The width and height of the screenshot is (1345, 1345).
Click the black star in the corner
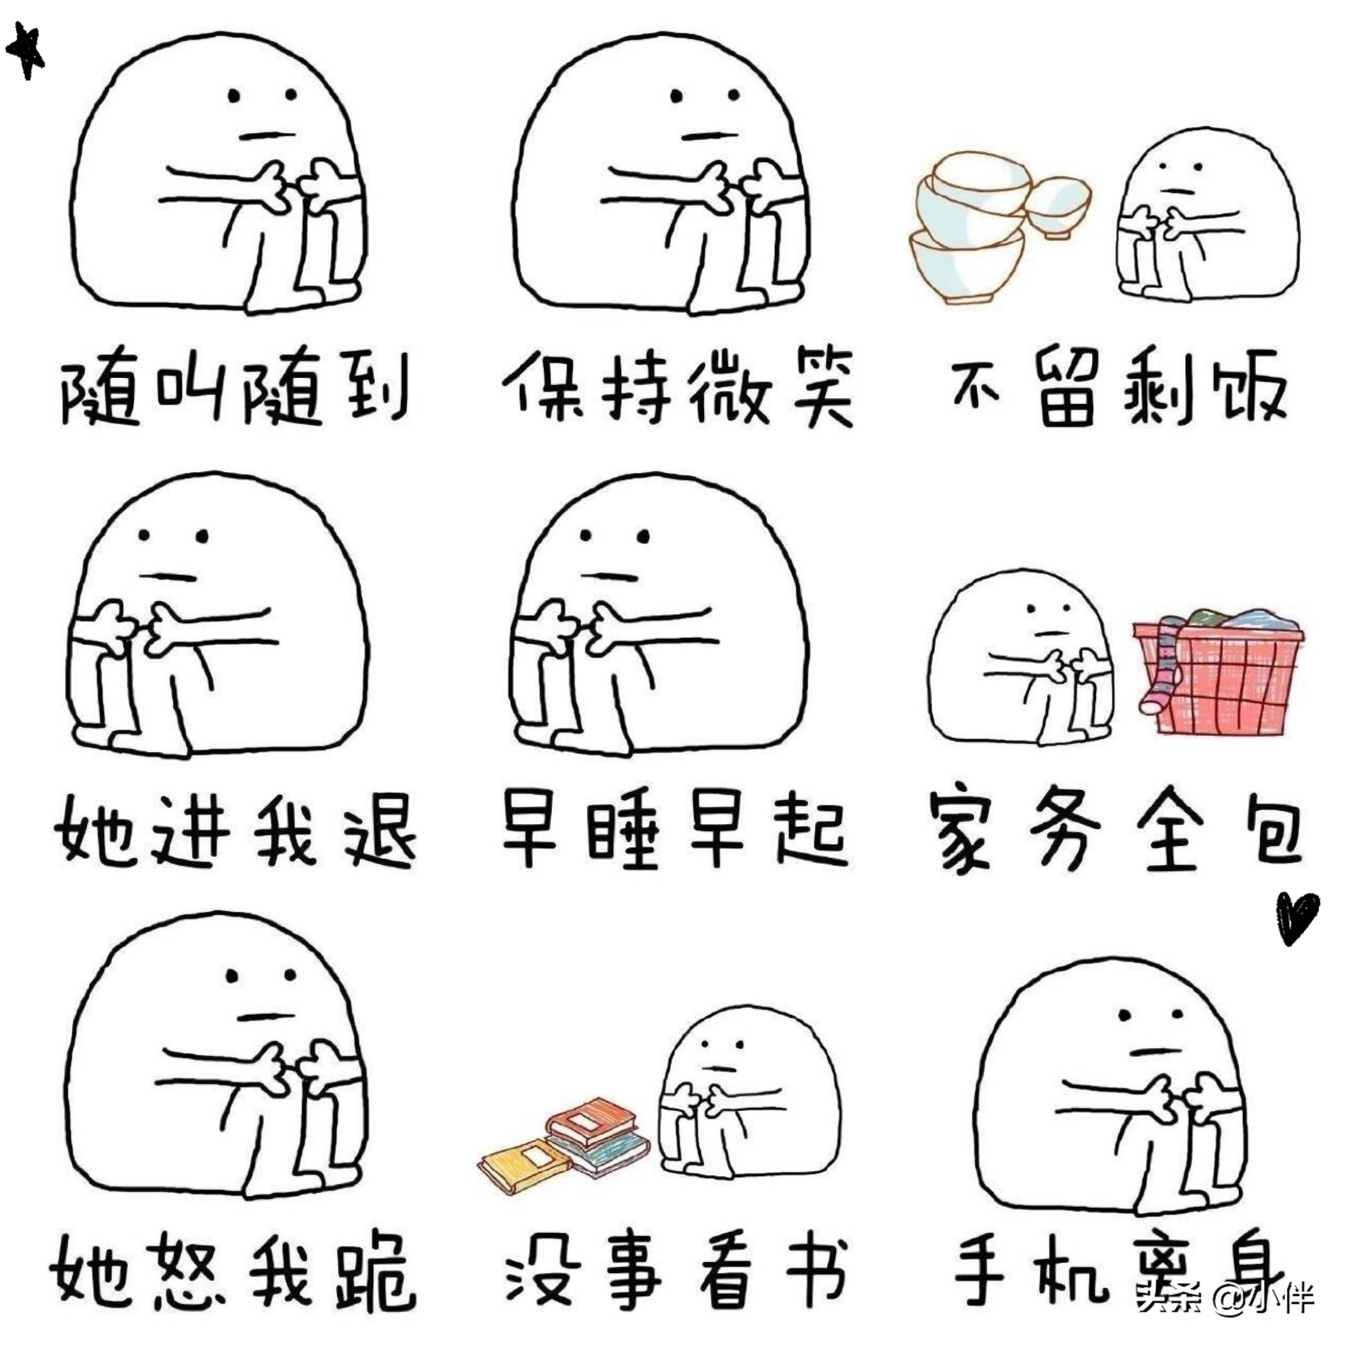point(26,51)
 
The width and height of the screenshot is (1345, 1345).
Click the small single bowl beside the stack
point(1058,205)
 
